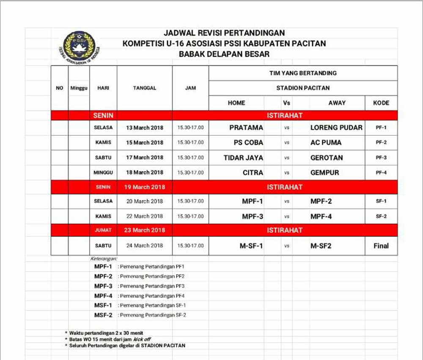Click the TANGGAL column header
click(145, 88)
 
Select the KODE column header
click(381, 103)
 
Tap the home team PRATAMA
click(246, 127)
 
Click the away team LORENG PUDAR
click(336, 127)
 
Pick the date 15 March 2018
click(145, 143)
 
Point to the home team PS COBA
click(248, 143)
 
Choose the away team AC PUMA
click(326, 143)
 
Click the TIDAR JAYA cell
click(243, 158)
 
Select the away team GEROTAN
click(327, 158)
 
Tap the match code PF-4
click(381, 173)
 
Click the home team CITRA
click(253, 173)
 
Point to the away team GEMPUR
click(325, 173)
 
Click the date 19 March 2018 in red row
click(145, 187)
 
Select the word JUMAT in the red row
click(103, 230)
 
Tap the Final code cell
click(381, 246)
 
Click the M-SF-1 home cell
click(251, 246)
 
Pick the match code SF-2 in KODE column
click(381, 217)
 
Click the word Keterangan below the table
click(104, 258)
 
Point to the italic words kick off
click(142, 339)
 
